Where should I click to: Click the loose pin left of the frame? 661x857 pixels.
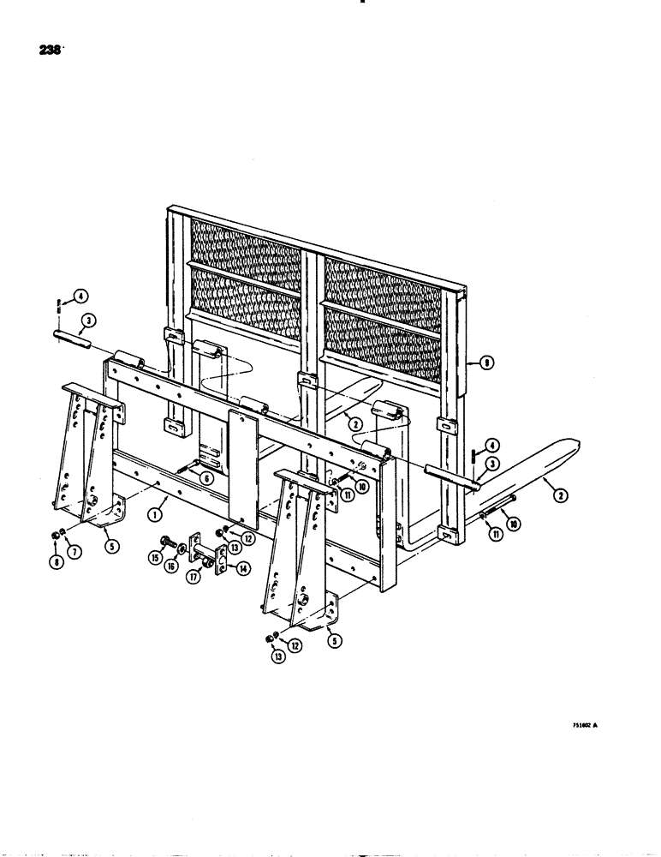click(73, 333)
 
